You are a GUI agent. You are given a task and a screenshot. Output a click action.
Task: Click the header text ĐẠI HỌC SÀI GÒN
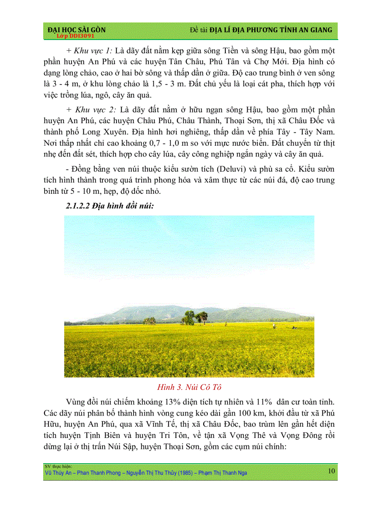coord(76,30)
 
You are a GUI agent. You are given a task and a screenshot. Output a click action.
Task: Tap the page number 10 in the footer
coord(331,471)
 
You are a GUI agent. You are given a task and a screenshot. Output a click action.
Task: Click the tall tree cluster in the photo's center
coord(194,317)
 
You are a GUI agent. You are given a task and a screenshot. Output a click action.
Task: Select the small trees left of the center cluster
coord(149,320)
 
